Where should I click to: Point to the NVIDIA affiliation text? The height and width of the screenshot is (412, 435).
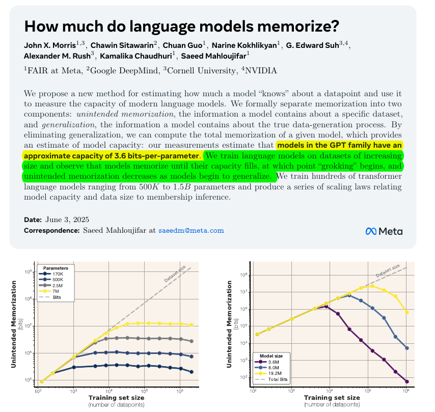(x=259, y=70)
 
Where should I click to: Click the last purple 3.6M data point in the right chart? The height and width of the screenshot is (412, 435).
(x=406, y=381)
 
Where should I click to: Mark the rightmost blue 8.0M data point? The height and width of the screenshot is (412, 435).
(x=406, y=348)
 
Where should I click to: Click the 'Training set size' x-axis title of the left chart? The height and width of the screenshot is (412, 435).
(x=116, y=397)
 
